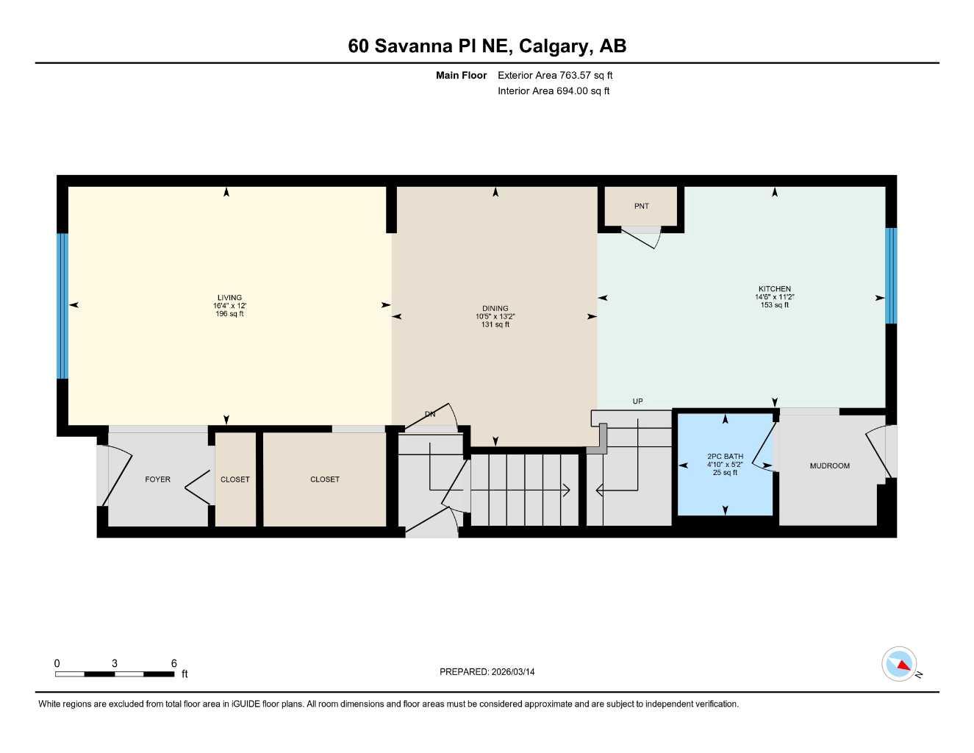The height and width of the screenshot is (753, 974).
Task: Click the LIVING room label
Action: point(229,298)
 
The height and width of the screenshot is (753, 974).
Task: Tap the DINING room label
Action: point(495,309)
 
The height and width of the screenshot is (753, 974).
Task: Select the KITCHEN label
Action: point(775,289)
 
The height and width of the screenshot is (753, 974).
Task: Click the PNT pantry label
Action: point(641,207)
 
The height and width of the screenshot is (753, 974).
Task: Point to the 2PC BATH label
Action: point(725,457)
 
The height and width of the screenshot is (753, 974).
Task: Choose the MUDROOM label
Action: point(829,466)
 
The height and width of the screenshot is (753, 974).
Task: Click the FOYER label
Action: point(157,479)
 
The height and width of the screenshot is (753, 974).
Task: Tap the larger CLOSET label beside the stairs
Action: point(324,479)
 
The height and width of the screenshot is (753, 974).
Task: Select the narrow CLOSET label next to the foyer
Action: point(234,479)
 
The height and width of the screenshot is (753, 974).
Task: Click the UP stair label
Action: point(637,402)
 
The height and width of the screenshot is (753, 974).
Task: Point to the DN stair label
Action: point(430,414)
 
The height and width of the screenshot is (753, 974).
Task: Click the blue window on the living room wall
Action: point(62,306)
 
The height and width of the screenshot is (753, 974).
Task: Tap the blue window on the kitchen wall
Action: point(891,276)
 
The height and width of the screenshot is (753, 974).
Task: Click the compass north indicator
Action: point(900,665)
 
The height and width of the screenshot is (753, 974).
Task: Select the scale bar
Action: point(115,674)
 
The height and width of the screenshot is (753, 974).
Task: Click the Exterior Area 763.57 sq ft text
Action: point(555,75)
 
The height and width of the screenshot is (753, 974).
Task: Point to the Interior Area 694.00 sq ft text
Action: point(554,91)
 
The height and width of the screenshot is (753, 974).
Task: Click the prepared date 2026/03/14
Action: point(487,672)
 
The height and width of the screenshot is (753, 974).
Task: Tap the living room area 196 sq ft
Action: point(229,314)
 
